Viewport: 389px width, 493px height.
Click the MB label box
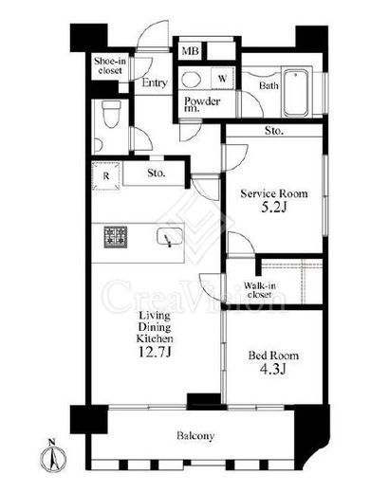(191, 50)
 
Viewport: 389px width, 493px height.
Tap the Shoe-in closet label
(109, 65)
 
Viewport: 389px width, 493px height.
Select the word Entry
(155, 82)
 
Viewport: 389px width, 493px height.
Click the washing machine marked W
(223, 78)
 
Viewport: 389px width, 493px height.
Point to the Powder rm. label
(202, 104)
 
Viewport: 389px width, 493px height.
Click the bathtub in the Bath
(296, 93)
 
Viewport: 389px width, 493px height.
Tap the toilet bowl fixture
(111, 115)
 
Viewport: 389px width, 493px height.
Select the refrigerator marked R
(106, 175)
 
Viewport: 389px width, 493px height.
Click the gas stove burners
(116, 237)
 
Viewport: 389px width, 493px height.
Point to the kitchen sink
(170, 237)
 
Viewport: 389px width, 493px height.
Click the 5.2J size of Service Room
(274, 208)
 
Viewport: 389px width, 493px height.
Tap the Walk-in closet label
(260, 290)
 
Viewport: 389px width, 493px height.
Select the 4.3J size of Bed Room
(272, 369)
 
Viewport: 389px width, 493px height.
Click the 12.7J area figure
(155, 352)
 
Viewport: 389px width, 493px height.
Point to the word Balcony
(195, 436)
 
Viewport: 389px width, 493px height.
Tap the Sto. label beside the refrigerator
(157, 173)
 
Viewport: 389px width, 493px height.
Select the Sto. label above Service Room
(273, 131)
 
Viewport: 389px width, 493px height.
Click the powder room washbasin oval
(192, 79)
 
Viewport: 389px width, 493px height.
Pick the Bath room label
(269, 85)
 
